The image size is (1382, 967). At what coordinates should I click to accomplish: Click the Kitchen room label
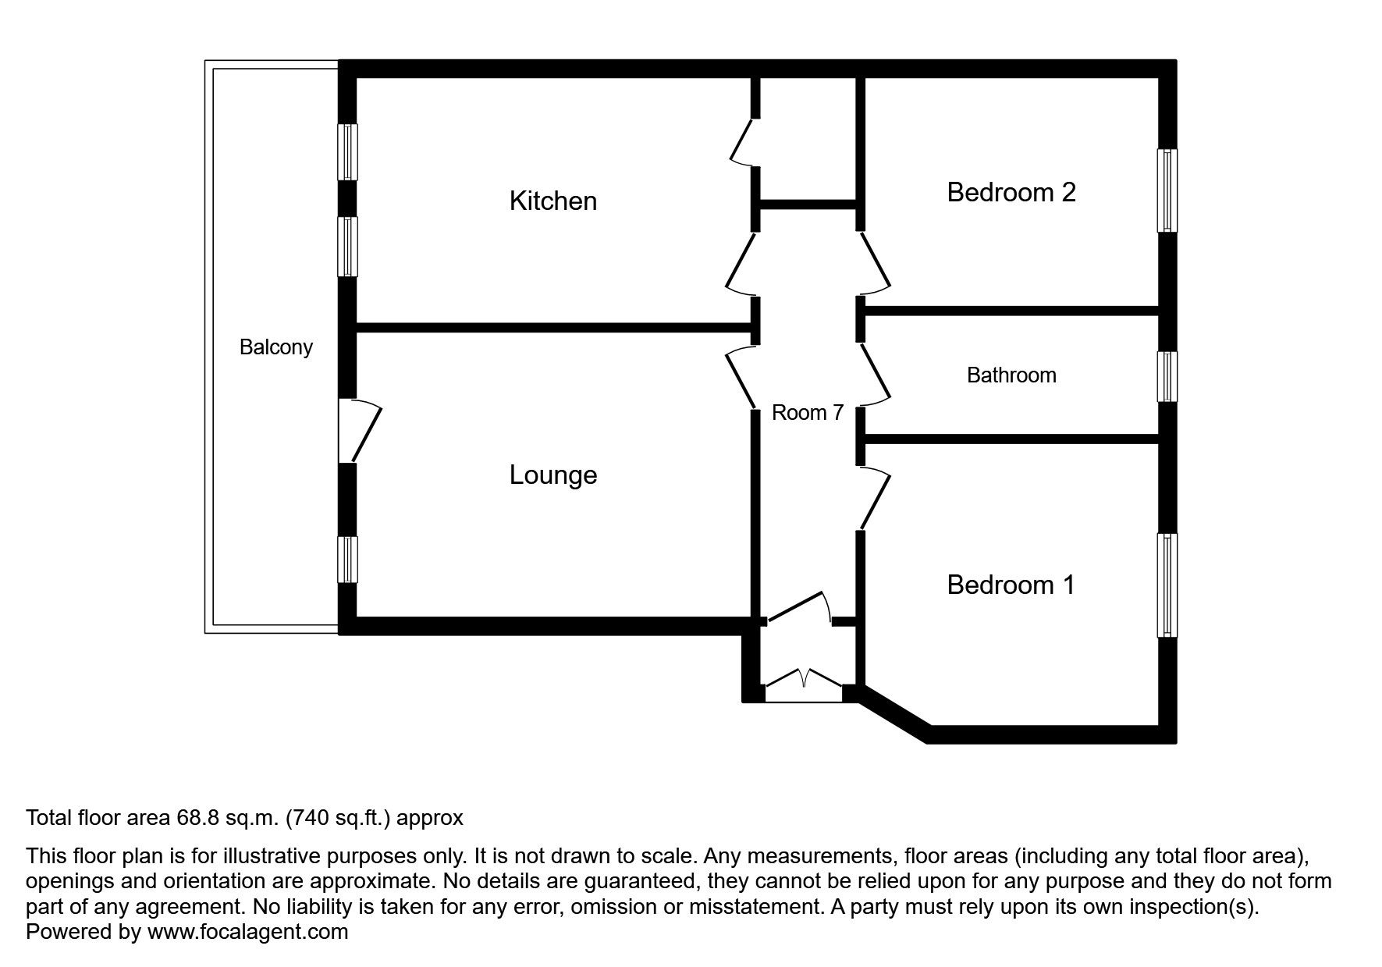tap(552, 201)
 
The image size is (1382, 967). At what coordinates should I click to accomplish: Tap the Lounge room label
tap(552, 475)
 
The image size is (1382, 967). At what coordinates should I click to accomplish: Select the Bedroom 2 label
tap(1011, 192)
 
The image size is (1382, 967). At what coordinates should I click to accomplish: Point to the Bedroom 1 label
tap(1011, 585)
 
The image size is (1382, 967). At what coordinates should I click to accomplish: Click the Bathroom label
tap(1011, 375)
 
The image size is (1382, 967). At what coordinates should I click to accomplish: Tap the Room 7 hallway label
tap(807, 413)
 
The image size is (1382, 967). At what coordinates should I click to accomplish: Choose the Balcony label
tap(275, 347)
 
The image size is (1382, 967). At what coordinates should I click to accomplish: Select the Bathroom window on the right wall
tap(1167, 376)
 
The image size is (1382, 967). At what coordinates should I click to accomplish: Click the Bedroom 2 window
tap(1167, 190)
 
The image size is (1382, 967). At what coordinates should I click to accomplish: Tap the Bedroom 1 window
tap(1167, 585)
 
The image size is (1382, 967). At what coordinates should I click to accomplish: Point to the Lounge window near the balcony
tap(347, 559)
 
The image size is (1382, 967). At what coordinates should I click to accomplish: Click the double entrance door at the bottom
tap(804, 684)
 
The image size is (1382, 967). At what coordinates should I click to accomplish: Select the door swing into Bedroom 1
tap(874, 498)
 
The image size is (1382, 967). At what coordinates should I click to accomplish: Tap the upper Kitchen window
tap(347, 151)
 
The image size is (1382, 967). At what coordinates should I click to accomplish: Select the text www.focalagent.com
tap(247, 932)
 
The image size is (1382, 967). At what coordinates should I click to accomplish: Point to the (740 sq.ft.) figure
tap(340, 818)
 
